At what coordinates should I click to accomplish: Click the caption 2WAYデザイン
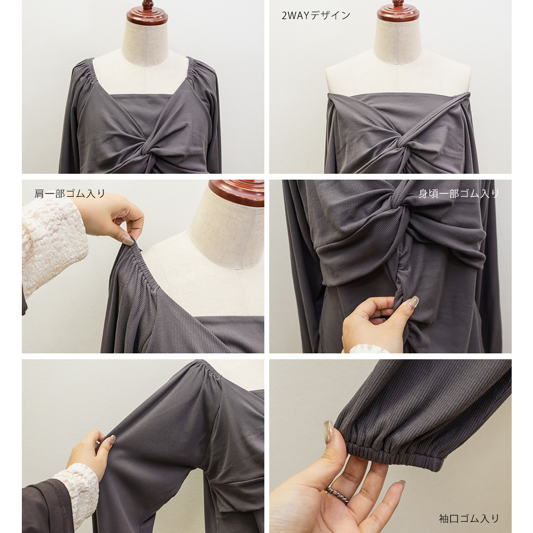(x=316, y=15)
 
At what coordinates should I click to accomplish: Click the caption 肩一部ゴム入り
(x=70, y=194)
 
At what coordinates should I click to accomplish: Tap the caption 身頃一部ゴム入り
(x=458, y=194)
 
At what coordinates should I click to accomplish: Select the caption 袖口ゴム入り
(x=469, y=519)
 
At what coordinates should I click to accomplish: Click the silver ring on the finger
(x=337, y=495)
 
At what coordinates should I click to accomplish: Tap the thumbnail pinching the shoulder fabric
(x=128, y=240)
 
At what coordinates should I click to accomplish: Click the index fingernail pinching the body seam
(x=413, y=302)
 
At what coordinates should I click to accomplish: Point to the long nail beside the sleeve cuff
(x=328, y=431)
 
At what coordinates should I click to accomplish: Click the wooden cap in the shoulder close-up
(x=237, y=192)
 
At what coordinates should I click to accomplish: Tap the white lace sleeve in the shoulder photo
(x=52, y=245)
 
